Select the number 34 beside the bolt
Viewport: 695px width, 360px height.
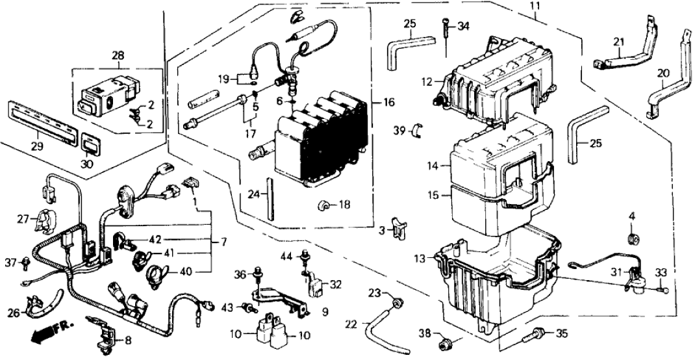[x=462, y=27]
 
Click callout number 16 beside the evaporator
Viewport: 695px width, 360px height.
[x=389, y=103]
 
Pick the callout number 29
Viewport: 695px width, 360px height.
[x=37, y=147]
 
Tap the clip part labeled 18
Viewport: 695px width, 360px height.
[x=323, y=206]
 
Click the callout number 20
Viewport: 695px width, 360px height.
[x=662, y=73]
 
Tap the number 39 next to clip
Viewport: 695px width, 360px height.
[x=399, y=131]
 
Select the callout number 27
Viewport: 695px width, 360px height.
[x=23, y=220]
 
